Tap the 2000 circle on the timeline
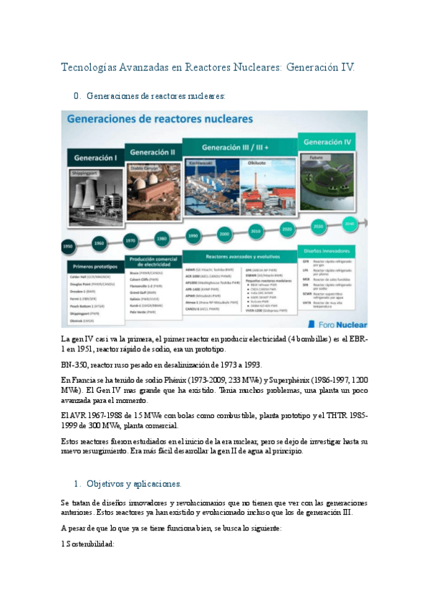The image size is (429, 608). (x=224, y=234)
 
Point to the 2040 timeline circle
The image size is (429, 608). (x=350, y=223)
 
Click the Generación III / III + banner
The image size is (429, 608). (x=239, y=146)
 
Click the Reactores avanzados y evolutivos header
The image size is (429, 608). (x=239, y=255)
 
